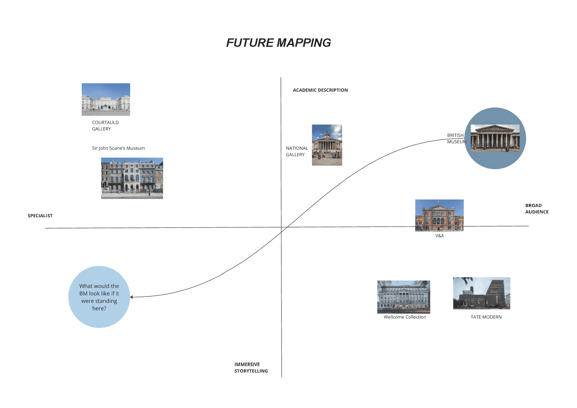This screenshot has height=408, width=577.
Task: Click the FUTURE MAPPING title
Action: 279,43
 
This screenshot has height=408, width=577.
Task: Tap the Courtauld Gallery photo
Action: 106,99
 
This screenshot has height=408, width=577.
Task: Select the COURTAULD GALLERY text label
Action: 105,125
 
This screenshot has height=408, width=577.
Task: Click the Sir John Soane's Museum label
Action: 118,148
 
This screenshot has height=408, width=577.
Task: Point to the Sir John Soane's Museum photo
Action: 132,178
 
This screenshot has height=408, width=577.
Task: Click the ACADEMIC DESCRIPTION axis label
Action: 320,90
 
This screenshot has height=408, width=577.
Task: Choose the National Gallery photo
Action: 327,145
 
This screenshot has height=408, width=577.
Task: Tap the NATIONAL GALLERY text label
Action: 297,151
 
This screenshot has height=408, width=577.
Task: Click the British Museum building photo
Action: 495,138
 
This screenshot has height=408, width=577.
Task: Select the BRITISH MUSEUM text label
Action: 456,138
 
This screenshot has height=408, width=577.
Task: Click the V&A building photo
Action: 439,215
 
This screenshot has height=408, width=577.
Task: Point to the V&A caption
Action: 439,236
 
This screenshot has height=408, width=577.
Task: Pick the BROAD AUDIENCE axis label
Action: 536,209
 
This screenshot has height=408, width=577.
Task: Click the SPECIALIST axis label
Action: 40,216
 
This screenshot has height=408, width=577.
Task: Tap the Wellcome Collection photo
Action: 403,297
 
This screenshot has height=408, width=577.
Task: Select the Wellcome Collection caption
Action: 405,317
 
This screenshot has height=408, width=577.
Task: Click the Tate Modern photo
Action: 481,293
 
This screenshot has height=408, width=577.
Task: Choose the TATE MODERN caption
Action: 486,317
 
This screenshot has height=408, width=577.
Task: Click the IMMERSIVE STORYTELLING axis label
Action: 251,368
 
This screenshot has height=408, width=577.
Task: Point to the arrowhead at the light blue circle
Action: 131,297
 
